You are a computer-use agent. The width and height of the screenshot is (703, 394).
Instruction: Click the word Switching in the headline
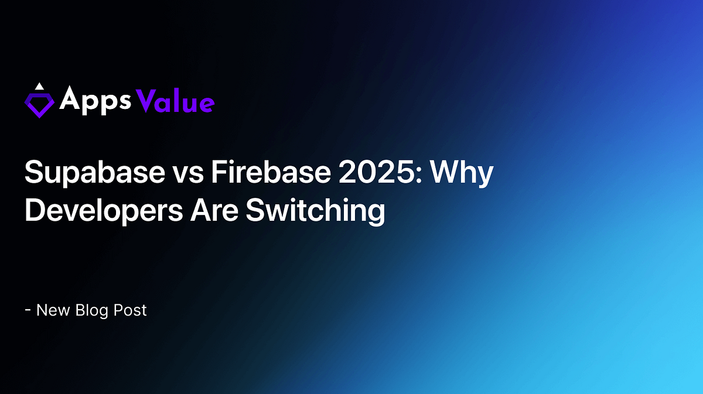(x=315, y=211)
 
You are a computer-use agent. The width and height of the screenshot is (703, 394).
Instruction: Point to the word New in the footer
(x=54, y=310)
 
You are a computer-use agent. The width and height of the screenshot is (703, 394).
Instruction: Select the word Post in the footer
(x=132, y=310)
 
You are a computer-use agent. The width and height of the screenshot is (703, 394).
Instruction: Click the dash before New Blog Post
(x=28, y=310)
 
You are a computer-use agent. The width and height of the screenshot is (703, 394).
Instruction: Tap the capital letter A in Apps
(x=70, y=101)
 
